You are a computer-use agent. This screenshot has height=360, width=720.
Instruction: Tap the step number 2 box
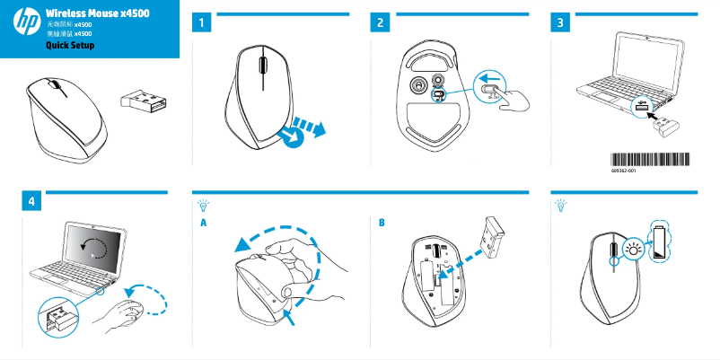(x=382, y=23)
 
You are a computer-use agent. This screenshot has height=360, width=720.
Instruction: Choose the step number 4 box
(x=32, y=202)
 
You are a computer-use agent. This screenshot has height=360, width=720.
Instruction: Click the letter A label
(x=204, y=222)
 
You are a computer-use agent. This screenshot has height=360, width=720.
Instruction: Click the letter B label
(x=382, y=222)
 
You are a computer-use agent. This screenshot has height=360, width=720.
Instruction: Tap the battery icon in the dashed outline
(x=663, y=242)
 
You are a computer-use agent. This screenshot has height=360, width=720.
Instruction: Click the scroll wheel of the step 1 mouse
(x=261, y=66)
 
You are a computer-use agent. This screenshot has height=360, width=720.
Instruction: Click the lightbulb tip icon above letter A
(x=204, y=206)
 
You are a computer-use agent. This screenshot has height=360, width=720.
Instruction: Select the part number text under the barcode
(x=623, y=169)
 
